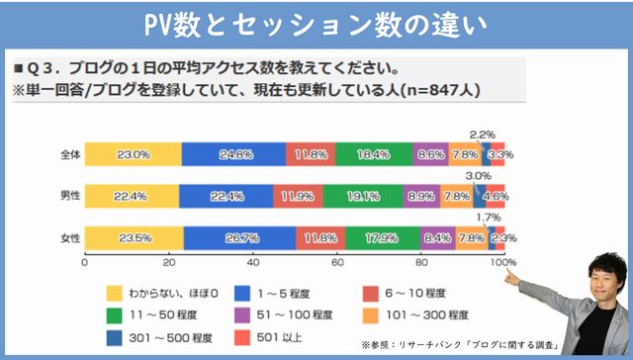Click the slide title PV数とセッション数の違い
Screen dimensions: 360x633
click(316, 22)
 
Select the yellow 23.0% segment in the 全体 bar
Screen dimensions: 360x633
click(134, 154)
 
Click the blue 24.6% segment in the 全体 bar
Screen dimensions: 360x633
click(234, 154)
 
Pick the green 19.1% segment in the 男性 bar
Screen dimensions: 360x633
click(363, 196)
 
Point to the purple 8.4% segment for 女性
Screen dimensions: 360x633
click(436, 237)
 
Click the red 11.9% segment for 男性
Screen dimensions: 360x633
click(298, 196)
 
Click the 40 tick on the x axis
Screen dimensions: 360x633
click(252, 263)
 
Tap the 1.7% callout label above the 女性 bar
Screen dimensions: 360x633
click(488, 217)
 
